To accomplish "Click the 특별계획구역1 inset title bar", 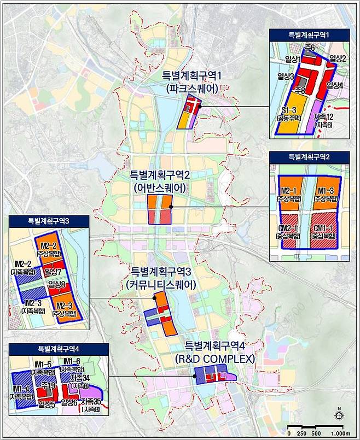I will pyautogui.click(x=311, y=34).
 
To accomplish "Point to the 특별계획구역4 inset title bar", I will pyautogui.click(x=55, y=348).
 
